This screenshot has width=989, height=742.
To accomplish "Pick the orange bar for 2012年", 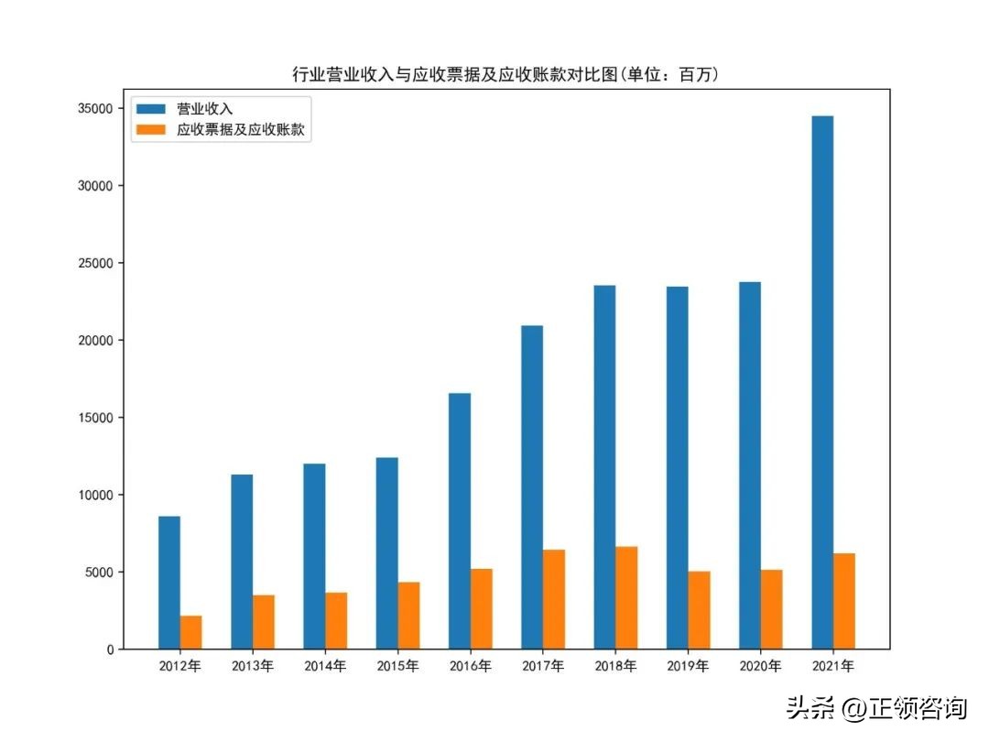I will (190, 632).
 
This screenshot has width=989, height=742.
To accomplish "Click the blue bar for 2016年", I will (460, 521).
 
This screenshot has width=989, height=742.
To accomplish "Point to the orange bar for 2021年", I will (844, 601).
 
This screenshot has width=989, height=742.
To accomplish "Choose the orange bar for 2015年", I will (408, 616).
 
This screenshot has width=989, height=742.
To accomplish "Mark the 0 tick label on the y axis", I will (110, 649).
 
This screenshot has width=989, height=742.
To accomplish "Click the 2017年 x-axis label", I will (543, 666).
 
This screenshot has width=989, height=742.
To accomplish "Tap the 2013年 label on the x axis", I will (253, 666).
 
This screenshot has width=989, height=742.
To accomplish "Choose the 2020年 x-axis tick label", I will (761, 666).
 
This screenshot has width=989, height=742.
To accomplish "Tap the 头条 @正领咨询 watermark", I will (875, 708).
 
